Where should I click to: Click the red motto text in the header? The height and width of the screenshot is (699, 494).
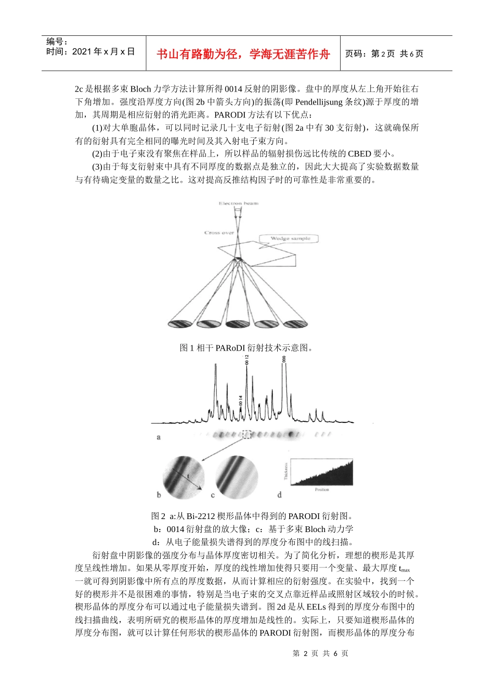(243, 54)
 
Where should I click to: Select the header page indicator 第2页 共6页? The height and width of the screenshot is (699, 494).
(384, 54)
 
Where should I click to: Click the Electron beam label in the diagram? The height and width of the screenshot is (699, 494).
(238, 203)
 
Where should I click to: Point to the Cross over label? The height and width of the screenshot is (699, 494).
(219, 232)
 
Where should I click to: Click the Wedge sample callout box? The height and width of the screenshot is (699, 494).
(290, 239)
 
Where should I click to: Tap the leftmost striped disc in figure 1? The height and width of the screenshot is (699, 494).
(180, 323)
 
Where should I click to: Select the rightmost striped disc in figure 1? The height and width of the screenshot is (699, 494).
(294, 323)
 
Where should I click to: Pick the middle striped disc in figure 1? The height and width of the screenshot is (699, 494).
(237, 323)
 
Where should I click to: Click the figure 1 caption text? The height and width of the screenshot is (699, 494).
(246, 347)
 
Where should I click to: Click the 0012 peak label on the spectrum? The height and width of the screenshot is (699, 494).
(247, 359)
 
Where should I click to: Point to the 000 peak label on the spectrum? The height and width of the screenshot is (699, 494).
(284, 359)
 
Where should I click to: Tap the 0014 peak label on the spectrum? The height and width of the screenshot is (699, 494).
(241, 400)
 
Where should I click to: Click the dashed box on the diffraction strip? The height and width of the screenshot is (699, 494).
(247, 434)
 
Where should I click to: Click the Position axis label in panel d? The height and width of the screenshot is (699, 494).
(322, 489)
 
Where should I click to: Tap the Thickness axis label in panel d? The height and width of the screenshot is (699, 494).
(286, 471)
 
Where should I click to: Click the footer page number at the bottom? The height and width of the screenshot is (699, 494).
(320, 653)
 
